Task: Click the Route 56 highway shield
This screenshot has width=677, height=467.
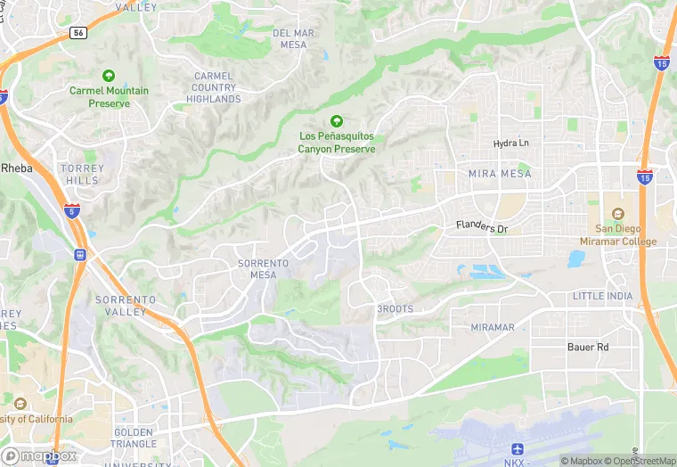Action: [x=77, y=32]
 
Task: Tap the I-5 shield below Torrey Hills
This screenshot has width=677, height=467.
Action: [x=71, y=211]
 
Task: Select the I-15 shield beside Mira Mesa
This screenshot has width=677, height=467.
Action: [x=644, y=177]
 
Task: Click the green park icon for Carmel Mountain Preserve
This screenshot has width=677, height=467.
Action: [x=109, y=76]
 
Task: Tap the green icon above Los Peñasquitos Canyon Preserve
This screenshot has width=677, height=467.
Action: [x=336, y=121]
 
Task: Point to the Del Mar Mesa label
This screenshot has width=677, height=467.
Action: [x=293, y=39]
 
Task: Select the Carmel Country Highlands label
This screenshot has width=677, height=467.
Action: [x=214, y=87]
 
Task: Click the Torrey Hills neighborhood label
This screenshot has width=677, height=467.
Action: [x=82, y=175]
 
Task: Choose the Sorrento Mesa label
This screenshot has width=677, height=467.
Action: [x=264, y=269]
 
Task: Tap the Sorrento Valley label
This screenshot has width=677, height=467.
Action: [x=126, y=306]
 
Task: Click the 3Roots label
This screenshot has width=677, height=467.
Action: [x=396, y=308]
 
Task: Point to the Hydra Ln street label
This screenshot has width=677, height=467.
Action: [x=511, y=143]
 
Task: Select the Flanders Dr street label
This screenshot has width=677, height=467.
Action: [x=481, y=228]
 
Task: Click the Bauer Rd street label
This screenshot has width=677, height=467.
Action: [x=588, y=346]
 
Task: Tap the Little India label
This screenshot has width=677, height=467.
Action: [x=602, y=296]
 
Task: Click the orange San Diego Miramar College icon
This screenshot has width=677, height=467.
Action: [x=617, y=214]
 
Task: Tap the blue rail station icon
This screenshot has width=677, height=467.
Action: [x=80, y=255]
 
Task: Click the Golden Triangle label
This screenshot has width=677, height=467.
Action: [x=134, y=438]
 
